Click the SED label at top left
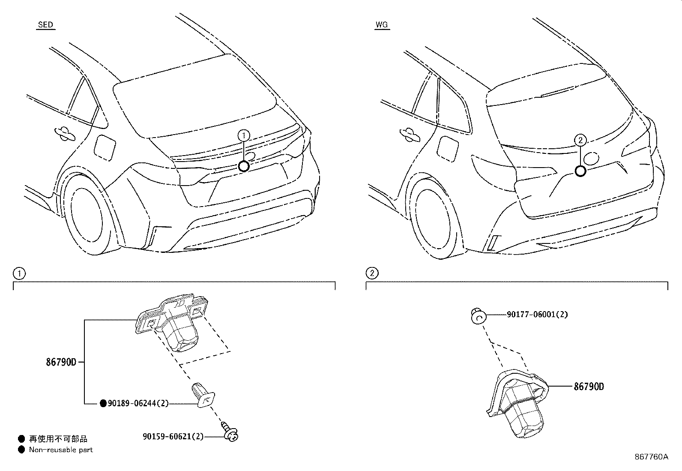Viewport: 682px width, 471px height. click(x=45, y=25)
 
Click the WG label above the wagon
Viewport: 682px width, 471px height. click(x=381, y=25)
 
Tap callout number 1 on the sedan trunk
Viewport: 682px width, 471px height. click(x=243, y=136)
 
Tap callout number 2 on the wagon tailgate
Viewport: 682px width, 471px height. click(x=580, y=140)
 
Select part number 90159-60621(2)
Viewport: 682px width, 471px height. click(x=173, y=436)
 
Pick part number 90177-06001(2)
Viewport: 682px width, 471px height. click(x=537, y=314)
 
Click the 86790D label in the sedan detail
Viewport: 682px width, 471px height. click(x=61, y=362)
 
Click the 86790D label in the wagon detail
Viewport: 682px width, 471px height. click(x=589, y=387)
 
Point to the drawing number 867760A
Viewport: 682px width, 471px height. click(x=651, y=457)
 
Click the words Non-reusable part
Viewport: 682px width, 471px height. click(x=60, y=450)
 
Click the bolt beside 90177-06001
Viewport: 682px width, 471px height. click(x=477, y=316)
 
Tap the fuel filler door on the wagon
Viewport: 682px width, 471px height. click(x=446, y=149)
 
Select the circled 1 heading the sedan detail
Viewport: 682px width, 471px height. click(x=18, y=273)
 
